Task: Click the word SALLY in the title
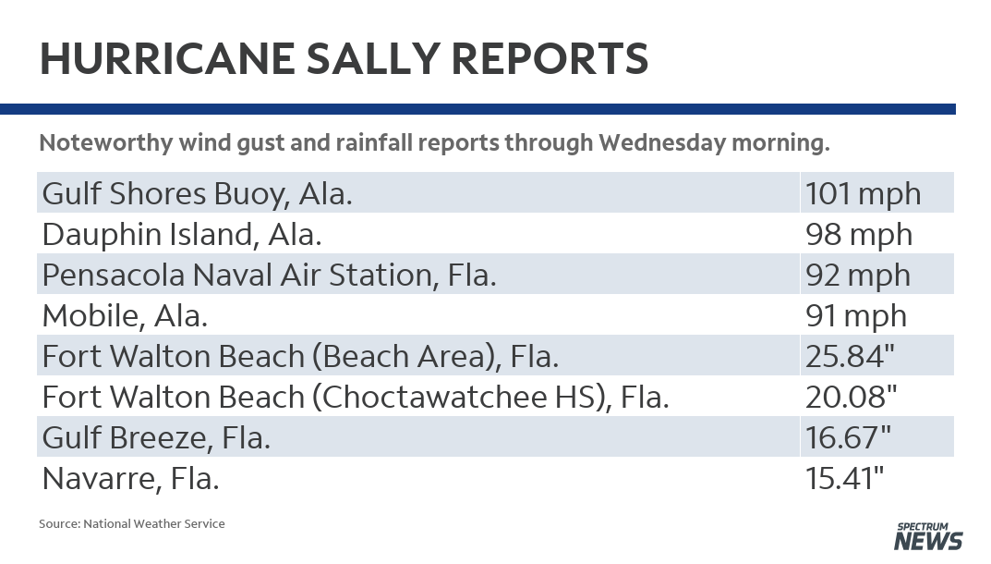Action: tap(373, 59)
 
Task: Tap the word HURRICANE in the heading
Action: tap(167, 59)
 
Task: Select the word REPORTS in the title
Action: tap(550, 59)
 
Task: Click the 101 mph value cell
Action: tap(864, 193)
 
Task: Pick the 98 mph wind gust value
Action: tap(859, 235)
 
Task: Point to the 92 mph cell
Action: tap(858, 276)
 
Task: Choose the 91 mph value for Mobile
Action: tap(856, 316)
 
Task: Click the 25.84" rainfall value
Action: tap(850, 356)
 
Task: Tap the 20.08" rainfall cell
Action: tap(852, 397)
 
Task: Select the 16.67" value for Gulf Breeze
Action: tap(848, 437)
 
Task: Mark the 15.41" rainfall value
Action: tap(845, 478)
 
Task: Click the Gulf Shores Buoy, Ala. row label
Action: tap(198, 194)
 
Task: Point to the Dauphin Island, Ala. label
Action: tap(182, 235)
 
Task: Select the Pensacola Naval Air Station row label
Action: tap(270, 276)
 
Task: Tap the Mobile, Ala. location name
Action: tap(125, 316)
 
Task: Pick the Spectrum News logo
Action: tap(928, 536)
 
